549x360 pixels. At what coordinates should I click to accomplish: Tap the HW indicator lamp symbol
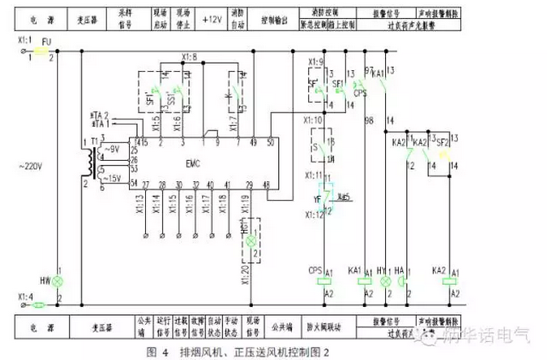coord(57,282)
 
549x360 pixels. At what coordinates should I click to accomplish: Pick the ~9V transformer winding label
coord(112,149)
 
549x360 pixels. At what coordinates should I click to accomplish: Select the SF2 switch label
coord(443,141)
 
